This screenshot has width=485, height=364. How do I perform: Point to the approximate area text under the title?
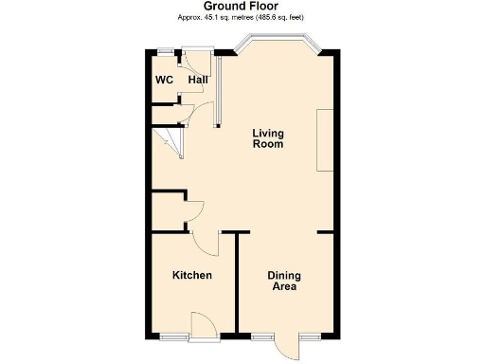[242, 18]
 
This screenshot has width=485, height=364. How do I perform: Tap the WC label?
[164, 80]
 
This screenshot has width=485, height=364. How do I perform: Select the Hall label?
[198, 80]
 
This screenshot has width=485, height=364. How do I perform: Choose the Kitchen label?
[191, 276]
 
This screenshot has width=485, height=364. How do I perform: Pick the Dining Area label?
[284, 281]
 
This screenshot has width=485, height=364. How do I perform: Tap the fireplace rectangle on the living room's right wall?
[324, 139]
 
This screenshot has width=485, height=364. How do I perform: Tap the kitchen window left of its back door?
[173, 336]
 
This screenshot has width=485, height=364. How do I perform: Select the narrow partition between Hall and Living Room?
[217, 89]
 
